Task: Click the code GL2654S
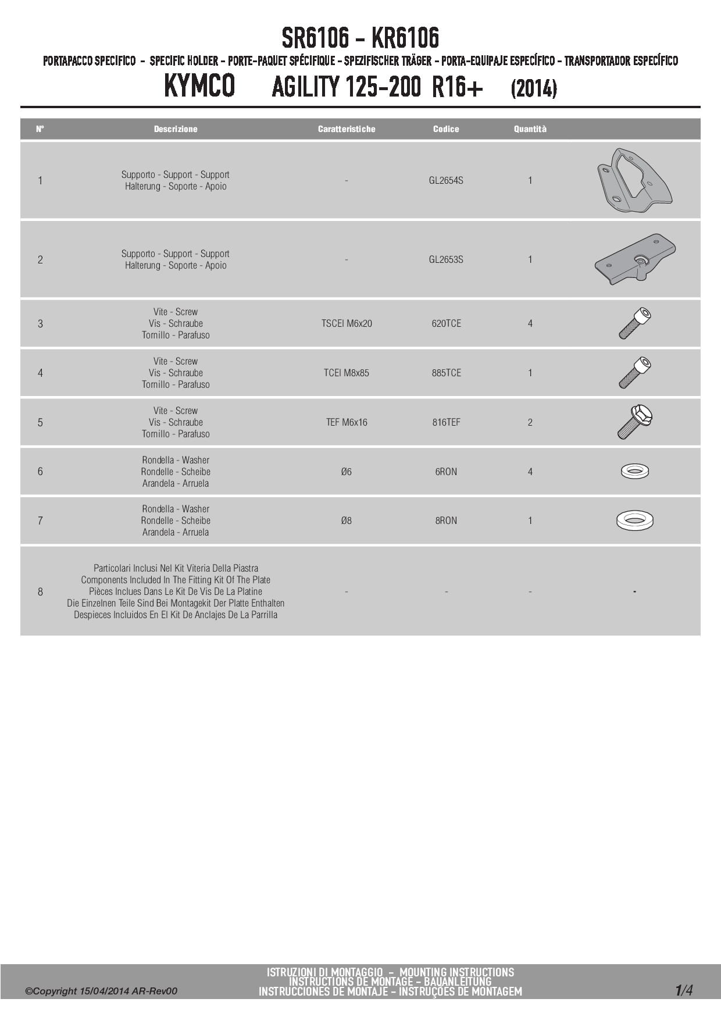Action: click(x=446, y=180)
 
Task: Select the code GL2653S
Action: click(x=446, y=259)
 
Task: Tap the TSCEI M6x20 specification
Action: click(x=347, y=323)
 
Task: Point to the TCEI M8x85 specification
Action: click(x=347, y=373)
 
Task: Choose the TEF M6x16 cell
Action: click(x=347, y=422)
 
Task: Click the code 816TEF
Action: click(x=446, y=422)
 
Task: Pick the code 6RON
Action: click(x=446, y=472)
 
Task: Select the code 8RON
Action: click(x=446, y=520)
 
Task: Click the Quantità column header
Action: click(x=530, y=129)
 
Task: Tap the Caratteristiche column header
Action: click(x=347, y=129)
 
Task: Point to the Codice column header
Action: click(x=446, y=129)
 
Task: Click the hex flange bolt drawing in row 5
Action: click(x=634, y=422)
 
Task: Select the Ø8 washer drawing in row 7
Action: click(x=635, y=520)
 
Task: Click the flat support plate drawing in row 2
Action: click(x=635, y=259)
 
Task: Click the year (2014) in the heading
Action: click(x=534, y=89)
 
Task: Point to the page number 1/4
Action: click(x=684, y=990)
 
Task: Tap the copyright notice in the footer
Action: click(x=101, y=991)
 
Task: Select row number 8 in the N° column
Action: click(x=40, y=591)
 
